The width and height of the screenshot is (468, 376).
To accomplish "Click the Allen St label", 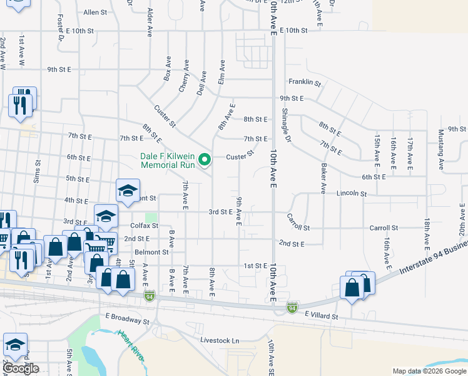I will click(95, 12).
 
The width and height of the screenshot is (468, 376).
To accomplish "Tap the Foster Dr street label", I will click(61, 28).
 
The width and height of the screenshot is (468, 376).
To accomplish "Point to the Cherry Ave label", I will click(184, 76).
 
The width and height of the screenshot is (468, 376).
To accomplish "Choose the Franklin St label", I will click(305, 83).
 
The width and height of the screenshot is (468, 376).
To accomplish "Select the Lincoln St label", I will click(351, 194).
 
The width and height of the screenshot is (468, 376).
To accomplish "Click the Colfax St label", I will click(141, 226).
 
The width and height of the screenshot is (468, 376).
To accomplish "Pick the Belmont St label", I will click(152, 253).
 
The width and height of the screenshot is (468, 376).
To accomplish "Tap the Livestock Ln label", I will click(220, 340).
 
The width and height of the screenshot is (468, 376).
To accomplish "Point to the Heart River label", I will click(132, 345).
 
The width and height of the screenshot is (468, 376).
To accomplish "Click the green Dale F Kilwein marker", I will click(204, 161).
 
